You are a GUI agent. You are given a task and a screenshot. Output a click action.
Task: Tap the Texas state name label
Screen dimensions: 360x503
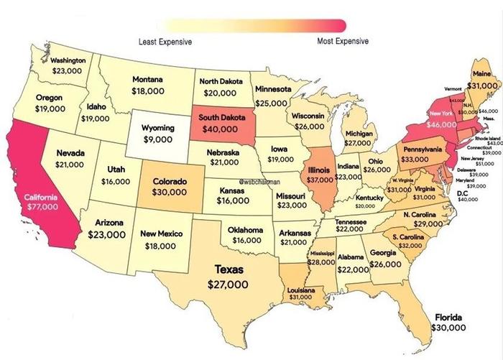tap(229, 269)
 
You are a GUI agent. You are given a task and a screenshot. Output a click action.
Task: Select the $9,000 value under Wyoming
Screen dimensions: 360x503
tap(158, 139)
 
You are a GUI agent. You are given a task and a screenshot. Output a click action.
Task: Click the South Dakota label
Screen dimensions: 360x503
tap(221, 117)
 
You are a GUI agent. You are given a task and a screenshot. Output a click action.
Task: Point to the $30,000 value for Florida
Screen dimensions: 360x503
tap(449, 327)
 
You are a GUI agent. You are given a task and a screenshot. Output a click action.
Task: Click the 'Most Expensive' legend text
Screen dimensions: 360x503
tap(343, 42)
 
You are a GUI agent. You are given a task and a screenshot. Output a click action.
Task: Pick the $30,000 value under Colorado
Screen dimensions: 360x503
tap(170, 193)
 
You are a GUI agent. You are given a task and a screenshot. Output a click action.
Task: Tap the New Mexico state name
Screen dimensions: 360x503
tap(162, 234)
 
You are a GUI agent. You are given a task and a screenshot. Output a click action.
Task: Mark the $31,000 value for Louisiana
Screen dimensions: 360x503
tap(301, 296)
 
